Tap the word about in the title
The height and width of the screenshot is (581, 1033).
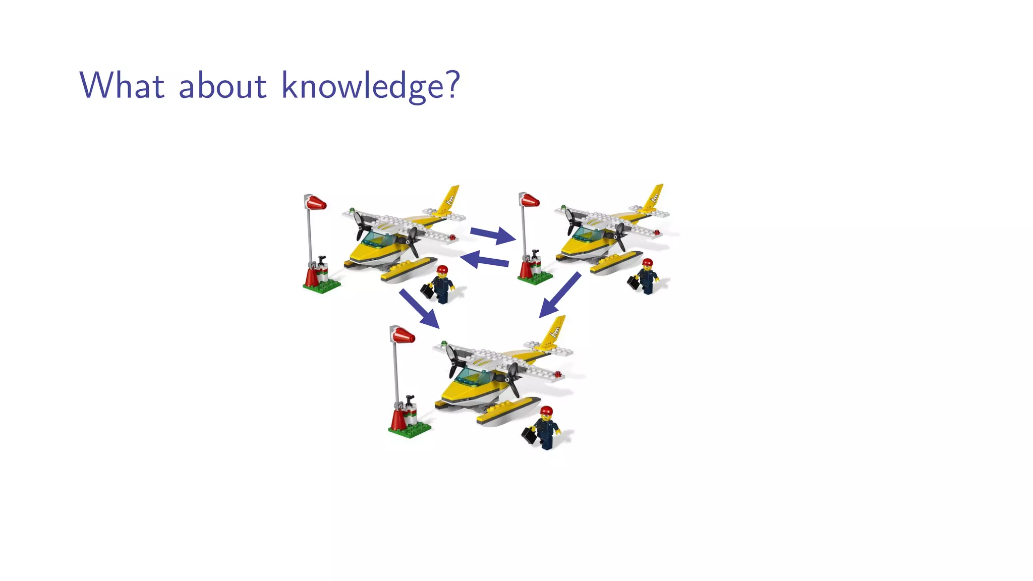pos(222,85)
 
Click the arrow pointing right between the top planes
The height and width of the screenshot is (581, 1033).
pos(492,235)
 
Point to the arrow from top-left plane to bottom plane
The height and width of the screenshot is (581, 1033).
pos(419,308)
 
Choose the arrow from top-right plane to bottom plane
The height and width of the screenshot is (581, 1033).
pos(560,296)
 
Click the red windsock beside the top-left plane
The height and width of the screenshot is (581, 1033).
pos(316,203)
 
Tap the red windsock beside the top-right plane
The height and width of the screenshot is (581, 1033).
pos(530,201)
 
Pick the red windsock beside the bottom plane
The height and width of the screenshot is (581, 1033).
pos(404,335)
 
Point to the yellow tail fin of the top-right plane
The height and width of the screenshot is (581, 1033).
pos(654,196)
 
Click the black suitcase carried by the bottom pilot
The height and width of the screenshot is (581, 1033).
pos(529,435)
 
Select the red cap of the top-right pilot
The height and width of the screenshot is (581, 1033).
pos(648,263)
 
